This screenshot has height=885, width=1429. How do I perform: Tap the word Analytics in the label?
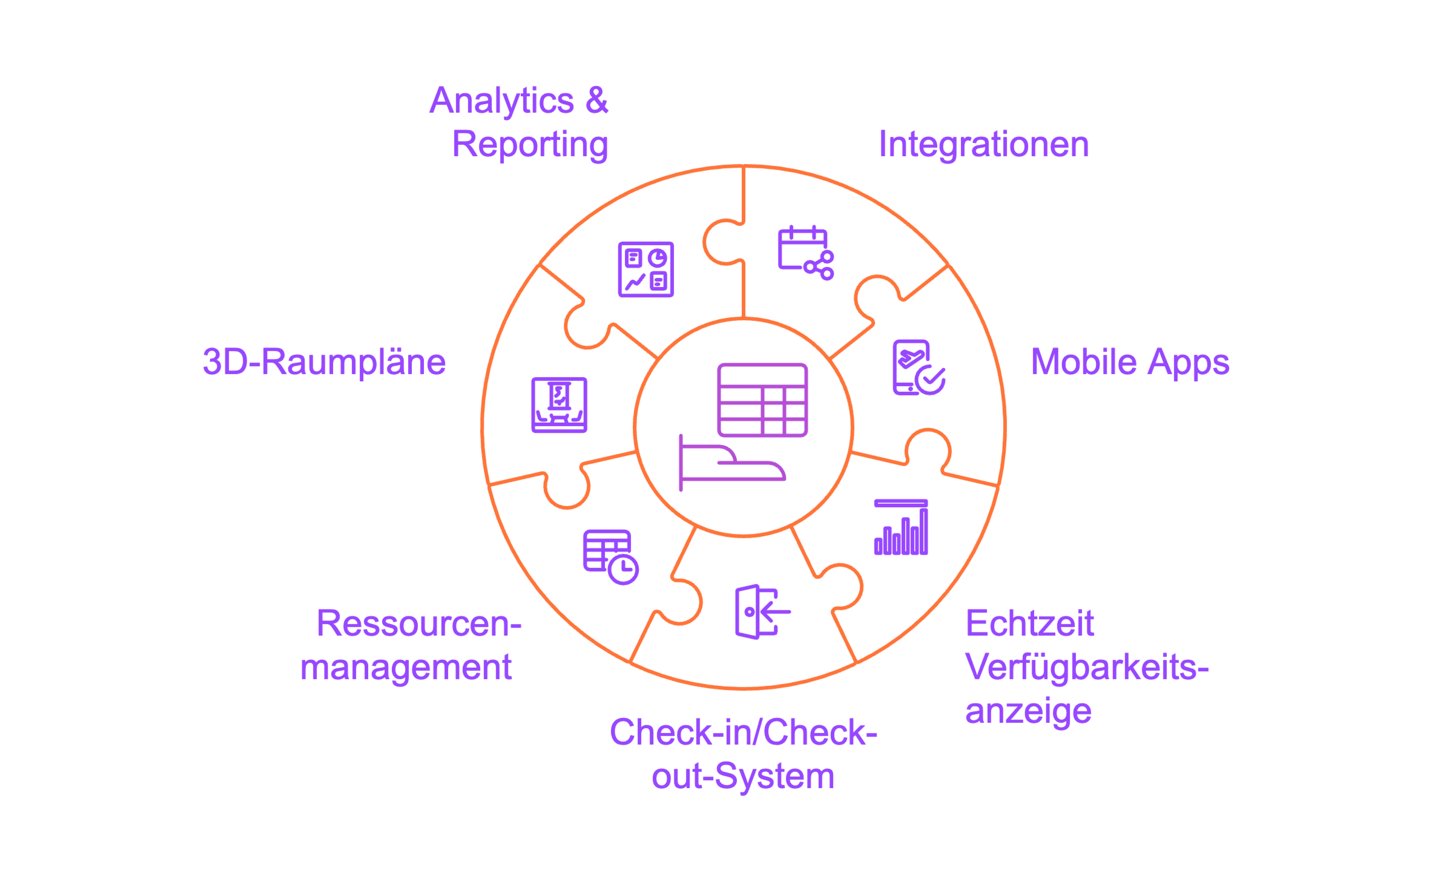pos(502,101)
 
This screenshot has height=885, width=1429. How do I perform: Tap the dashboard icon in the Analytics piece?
pos(646,270)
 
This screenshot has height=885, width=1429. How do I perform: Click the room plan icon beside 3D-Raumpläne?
pos(559,405)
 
